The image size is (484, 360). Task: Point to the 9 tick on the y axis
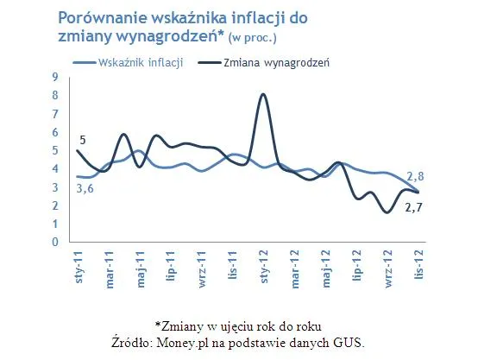pyautogui.click(x=54, y=77)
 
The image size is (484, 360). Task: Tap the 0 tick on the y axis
pyautogui.click(x=54, y=243)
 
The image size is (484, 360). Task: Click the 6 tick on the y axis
pyautogui.click(x=54, y=132)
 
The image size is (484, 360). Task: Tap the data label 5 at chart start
pyautogui.click(x=82, y=140)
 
